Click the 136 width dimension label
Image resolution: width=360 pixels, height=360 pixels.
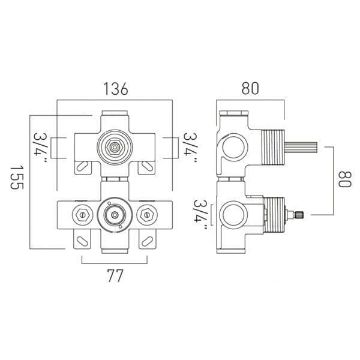(115, 89)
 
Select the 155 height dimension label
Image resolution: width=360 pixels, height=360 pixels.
(17, 177)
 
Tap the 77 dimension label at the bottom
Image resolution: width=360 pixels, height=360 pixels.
(115, 276)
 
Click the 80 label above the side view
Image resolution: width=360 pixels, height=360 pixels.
(250, 88)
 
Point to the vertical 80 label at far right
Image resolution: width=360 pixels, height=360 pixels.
(345, 179)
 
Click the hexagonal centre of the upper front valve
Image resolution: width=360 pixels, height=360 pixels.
(115, 146)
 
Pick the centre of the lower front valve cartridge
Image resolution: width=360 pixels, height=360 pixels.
(115, 215)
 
